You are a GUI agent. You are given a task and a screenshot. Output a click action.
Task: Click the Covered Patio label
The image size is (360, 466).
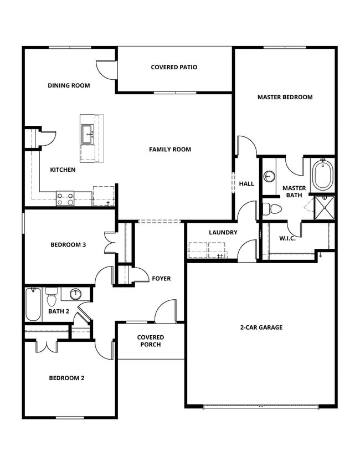174,68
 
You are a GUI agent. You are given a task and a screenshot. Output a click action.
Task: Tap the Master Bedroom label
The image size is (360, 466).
285,97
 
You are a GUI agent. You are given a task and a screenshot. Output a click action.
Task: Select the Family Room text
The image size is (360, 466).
169,149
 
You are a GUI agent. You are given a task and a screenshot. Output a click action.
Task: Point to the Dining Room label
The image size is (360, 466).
69,85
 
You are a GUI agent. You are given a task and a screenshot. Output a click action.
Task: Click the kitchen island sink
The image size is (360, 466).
88,133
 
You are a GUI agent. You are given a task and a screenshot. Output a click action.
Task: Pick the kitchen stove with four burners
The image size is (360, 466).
65,198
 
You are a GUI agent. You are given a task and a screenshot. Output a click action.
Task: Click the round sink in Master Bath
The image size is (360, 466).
269,177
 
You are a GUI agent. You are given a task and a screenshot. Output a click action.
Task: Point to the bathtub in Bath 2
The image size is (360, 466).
33,305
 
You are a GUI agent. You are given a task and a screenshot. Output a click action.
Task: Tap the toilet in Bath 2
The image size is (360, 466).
52,298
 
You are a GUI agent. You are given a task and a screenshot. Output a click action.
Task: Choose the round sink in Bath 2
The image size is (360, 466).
76,293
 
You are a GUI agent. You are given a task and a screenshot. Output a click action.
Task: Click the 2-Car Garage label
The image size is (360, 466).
261,327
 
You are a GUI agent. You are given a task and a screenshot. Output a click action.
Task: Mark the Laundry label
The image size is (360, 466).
223,233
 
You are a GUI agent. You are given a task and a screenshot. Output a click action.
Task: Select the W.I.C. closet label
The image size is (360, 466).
287,238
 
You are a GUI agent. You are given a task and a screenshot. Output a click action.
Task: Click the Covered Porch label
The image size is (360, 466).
151,341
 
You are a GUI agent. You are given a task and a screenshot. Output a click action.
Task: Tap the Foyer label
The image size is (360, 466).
161,279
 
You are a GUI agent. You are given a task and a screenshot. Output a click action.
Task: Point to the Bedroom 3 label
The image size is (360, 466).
68,244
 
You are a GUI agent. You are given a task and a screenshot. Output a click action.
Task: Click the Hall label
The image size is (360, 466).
246,183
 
